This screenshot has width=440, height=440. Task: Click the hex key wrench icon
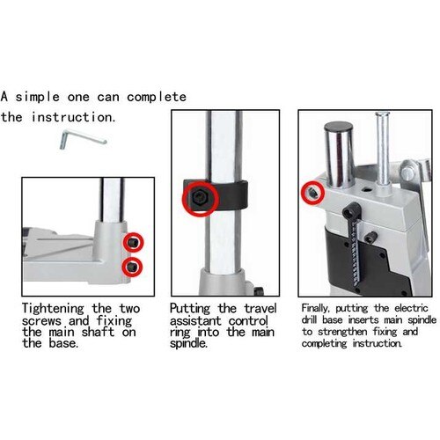[82, 138]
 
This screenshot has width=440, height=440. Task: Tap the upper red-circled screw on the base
[133, 241]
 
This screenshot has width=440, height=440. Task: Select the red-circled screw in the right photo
[312, 191]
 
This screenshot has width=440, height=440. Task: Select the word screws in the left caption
[45, 322]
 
